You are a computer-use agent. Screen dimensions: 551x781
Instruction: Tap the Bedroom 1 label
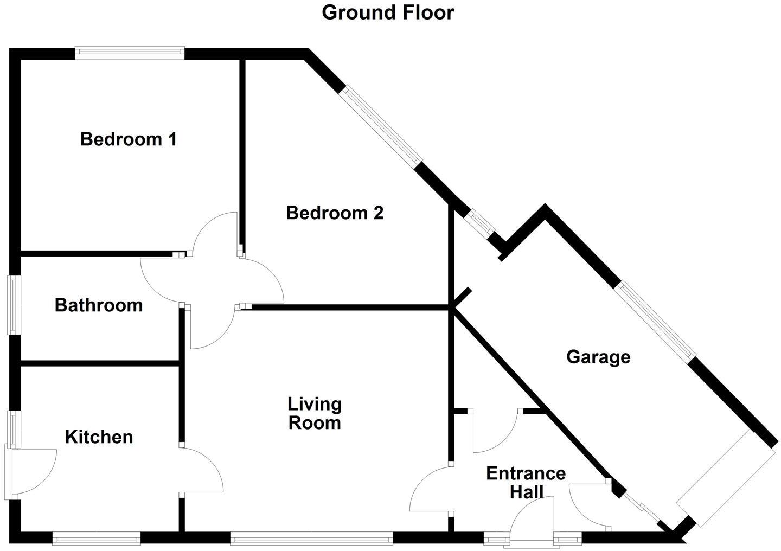[129, 139]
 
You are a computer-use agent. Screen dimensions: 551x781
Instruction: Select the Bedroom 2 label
[335, 213]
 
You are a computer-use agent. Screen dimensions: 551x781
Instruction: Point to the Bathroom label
[99, 305]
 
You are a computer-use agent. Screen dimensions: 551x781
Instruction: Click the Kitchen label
[99, 437]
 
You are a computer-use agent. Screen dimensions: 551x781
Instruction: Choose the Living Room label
[315, 413]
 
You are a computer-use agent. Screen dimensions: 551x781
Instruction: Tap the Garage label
[598, 357]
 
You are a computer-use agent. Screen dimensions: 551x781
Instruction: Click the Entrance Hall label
[526, 482]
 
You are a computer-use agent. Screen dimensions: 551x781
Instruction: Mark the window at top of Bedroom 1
[130, 53]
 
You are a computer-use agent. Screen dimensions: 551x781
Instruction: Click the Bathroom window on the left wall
[11, 305]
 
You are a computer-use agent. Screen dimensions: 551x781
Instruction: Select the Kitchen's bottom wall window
[97, 539]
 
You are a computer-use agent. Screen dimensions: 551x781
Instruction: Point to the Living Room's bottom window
[311, 539]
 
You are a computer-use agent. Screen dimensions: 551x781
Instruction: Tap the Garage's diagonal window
[657, 321]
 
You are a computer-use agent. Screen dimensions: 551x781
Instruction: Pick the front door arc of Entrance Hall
[532, 518]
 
